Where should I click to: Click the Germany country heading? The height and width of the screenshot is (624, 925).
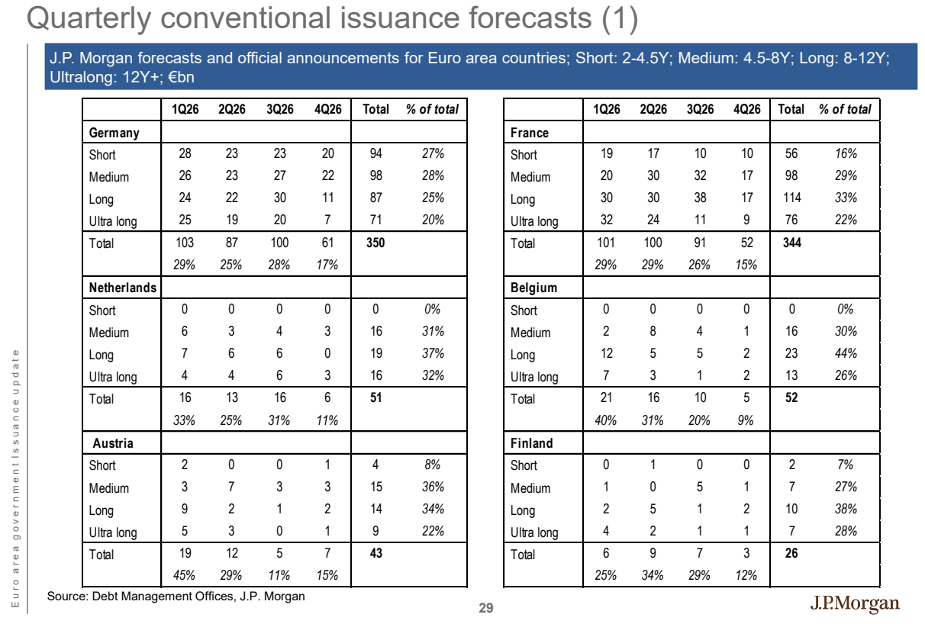114,133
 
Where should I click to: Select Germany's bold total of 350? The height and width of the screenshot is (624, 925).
375,243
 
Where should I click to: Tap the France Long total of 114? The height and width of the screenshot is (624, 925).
792,198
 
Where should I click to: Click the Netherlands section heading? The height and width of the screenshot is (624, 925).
123,288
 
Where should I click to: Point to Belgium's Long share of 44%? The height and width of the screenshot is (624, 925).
846,353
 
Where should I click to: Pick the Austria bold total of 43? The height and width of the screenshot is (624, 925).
375,553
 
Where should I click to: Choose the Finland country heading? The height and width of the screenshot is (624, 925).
531,443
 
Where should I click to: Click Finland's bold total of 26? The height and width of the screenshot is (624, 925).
791,553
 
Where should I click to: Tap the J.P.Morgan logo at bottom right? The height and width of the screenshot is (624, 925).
854,603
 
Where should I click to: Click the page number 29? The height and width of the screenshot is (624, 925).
486,608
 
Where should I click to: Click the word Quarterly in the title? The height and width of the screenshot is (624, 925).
89,18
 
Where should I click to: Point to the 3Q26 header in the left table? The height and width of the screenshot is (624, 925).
280,109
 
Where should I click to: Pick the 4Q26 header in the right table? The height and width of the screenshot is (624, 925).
746,109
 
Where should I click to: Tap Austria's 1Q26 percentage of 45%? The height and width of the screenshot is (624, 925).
184,575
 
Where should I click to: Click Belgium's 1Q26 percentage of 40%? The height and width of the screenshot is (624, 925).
606,420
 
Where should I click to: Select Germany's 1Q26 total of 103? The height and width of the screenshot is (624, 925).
185,243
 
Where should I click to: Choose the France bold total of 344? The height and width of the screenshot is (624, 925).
792,243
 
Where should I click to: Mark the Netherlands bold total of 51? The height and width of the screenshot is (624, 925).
375,398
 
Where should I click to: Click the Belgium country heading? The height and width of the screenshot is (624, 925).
534,288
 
